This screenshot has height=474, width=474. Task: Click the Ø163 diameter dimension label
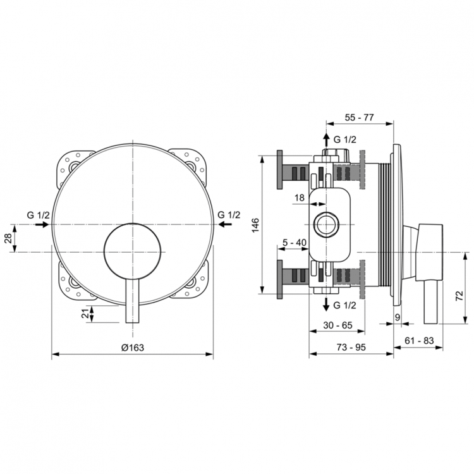(133, 347)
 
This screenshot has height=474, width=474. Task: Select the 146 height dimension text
(256, 226)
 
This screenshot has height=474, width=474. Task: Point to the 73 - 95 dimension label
(351, 347)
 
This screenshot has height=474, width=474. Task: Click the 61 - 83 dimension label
(418, 341)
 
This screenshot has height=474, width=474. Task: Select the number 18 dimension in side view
(300, 198)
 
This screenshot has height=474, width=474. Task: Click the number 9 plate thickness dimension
(397, 316)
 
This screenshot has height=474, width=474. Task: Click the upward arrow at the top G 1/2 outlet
(326, 140)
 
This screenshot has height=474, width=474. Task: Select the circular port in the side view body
(327, 225)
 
